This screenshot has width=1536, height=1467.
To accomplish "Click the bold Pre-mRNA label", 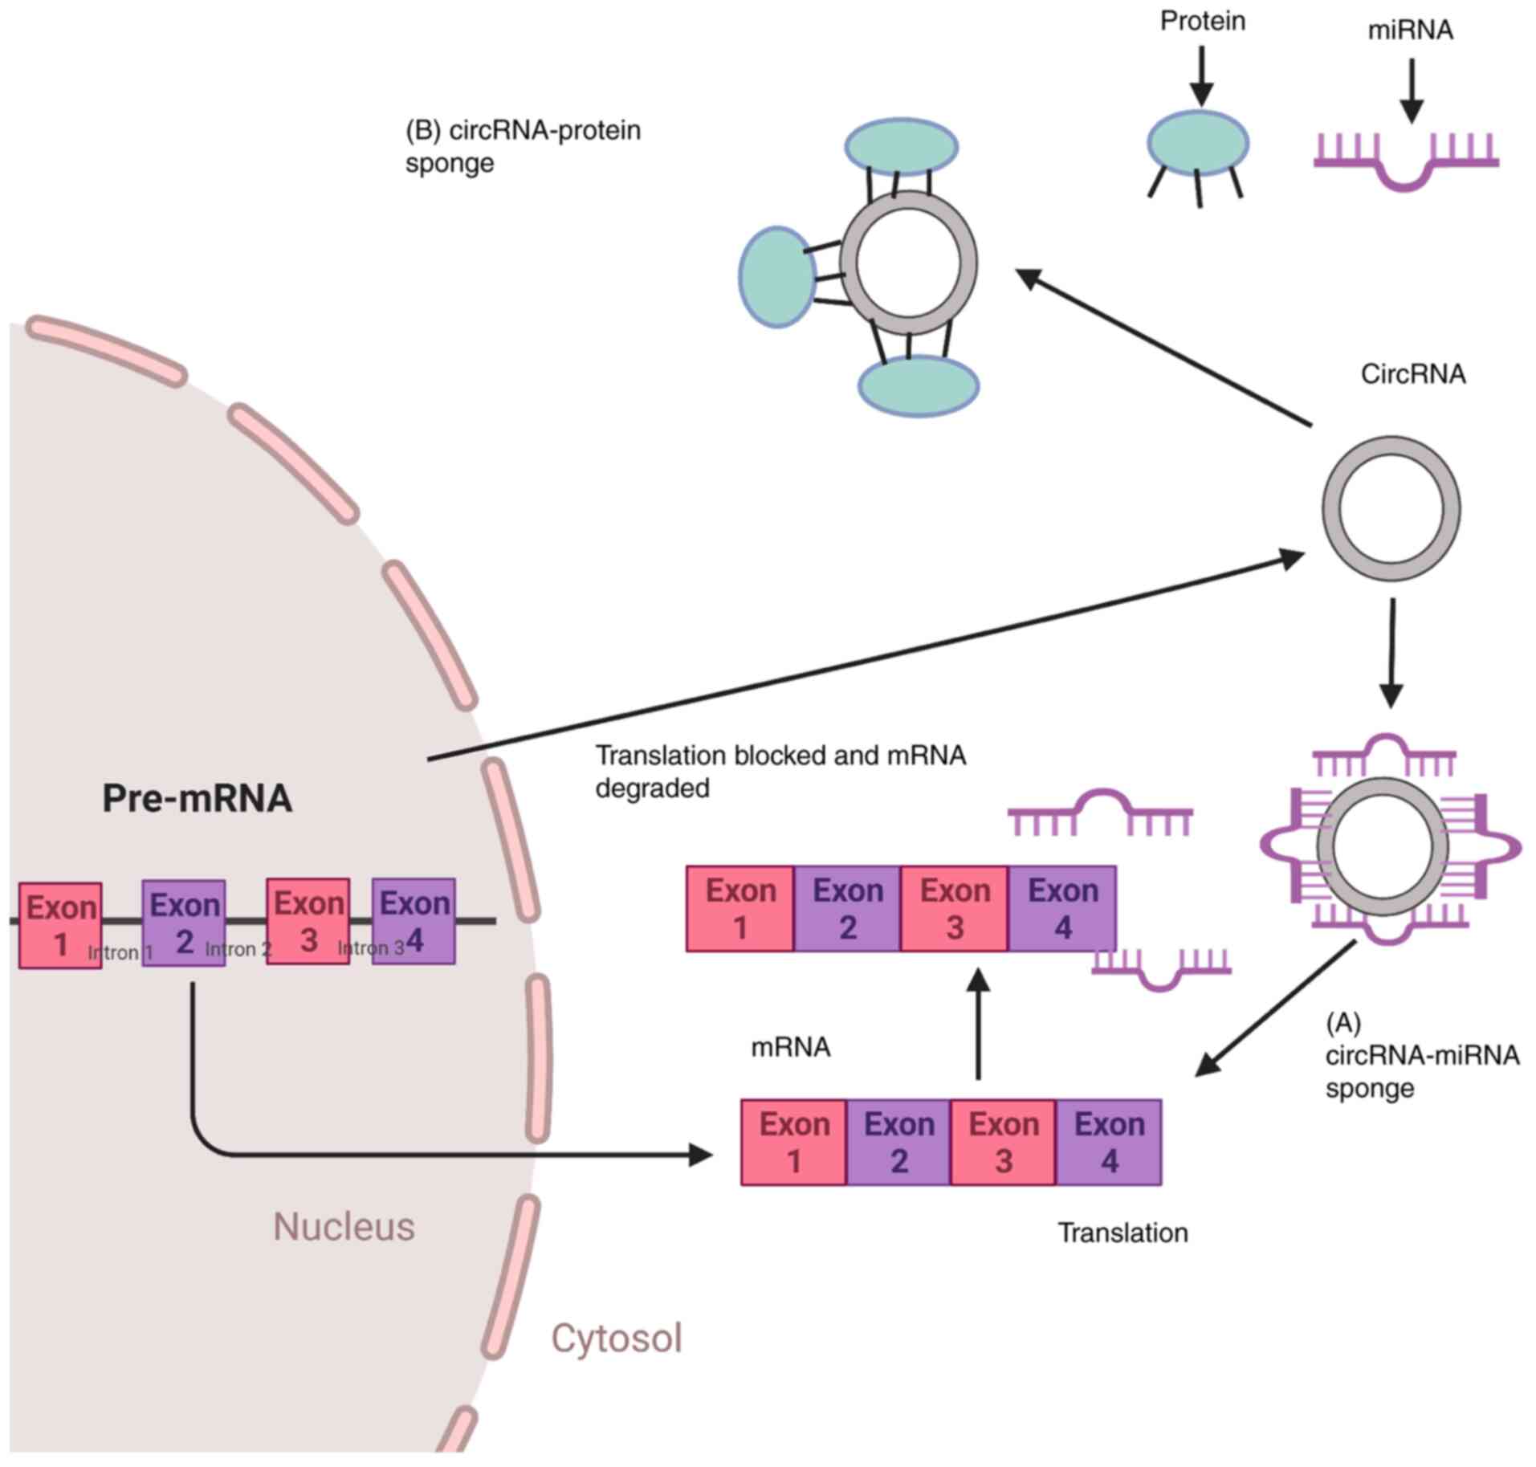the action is pyautogui.click(x=197, y=797).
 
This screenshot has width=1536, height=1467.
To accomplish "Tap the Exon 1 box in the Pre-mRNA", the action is pyautogui.click(x=60, y=925).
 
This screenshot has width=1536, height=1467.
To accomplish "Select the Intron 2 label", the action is pyautogui.click(x=238, y=949).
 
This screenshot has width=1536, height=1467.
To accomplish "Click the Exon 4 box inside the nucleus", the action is pyautogui.click(x=414, y=921).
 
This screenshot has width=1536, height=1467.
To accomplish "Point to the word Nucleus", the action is pyautogui.click(x=344, y=1226).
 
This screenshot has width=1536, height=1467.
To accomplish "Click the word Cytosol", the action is pyautogui.click(x=616, y=1338).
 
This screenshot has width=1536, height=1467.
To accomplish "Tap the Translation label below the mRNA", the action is pyautogui.click(x=1122, y=1232).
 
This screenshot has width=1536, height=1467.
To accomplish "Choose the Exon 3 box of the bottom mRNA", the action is pyautogui.click(x=1003, y=1142).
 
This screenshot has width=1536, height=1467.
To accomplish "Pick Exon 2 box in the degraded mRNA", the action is pyautogui.click(x=848, y=908).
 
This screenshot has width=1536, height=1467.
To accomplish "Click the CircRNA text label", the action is pyautogui.click(x=1413, y=373).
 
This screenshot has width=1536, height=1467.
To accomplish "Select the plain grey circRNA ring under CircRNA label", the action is pyautogui.click(x=1391, y=508).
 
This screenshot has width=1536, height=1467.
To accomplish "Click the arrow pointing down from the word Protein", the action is pyautogui.click(x=1202, y=76).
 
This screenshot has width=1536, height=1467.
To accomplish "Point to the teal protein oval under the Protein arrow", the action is pyautogui.click(x=1197, y=143).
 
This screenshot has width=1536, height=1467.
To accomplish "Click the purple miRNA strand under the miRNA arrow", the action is pyautogui.click(x=1406, y=161).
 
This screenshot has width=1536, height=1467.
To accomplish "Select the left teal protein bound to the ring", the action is pyautogui.click(x=777, y=277).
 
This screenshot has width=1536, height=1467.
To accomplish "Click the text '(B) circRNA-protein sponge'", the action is pyautogui.click(x=523, y=146).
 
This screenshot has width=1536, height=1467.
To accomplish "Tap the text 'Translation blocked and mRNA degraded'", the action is pyautogui.click(x=780, y=771).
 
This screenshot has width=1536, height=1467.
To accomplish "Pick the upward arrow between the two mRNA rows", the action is pyautogui.click(x=978, y=1024).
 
